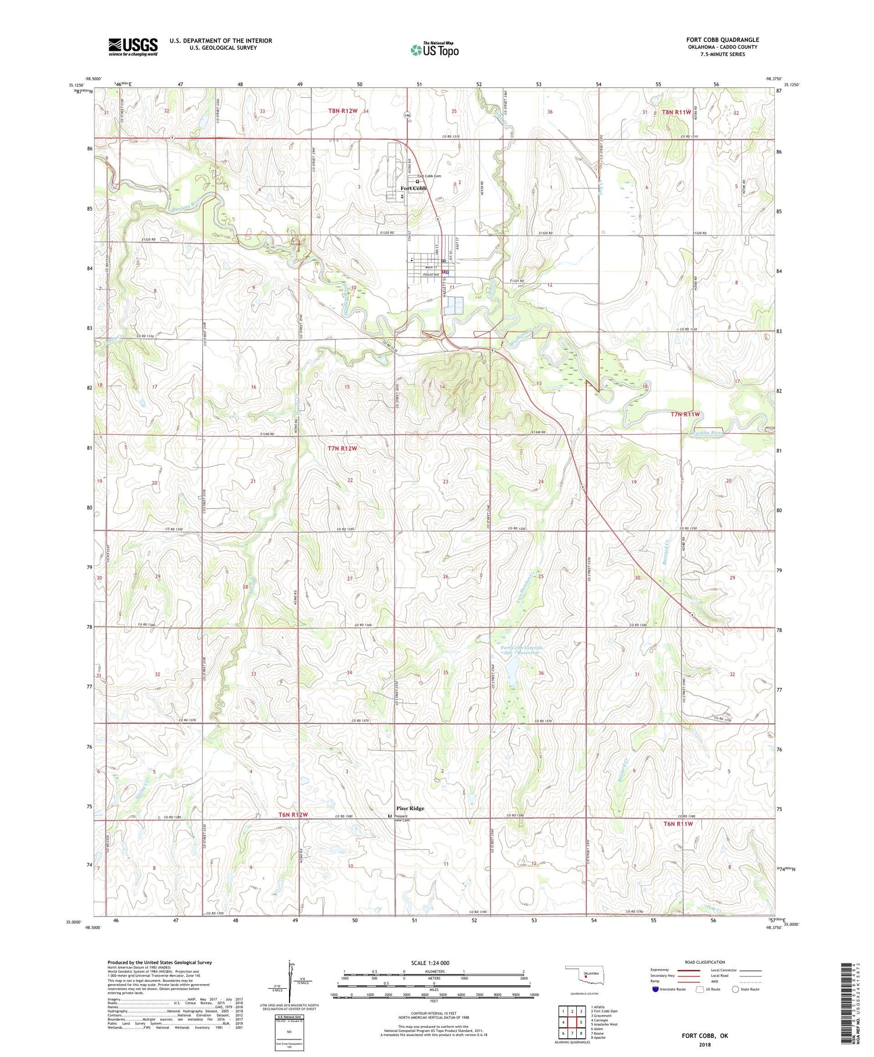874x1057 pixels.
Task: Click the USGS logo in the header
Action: coord(133,47)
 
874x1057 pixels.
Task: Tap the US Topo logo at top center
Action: coord(434,50)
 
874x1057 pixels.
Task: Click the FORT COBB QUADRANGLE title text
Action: coord(723,40)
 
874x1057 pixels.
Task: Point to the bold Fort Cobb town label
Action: coord(413,188)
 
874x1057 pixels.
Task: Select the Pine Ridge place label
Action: coord(410,808)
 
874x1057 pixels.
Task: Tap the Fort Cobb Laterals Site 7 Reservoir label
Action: coord(522,650)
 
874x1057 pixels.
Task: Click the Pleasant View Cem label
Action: coord(403,819)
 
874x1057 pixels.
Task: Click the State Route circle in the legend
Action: coord(735,989)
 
